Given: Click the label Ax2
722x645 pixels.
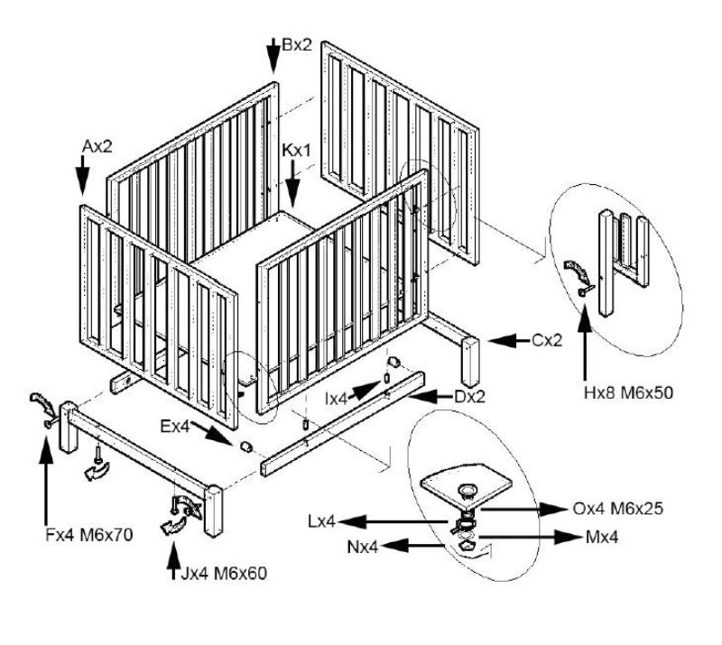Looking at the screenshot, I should coord(97,146).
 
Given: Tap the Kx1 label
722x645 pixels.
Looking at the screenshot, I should coord(296,151).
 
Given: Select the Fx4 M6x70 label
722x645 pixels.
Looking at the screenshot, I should coord(88,535).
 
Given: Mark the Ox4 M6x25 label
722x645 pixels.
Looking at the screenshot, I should coord(618,509).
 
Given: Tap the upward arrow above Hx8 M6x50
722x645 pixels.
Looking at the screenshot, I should coord(587,343).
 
